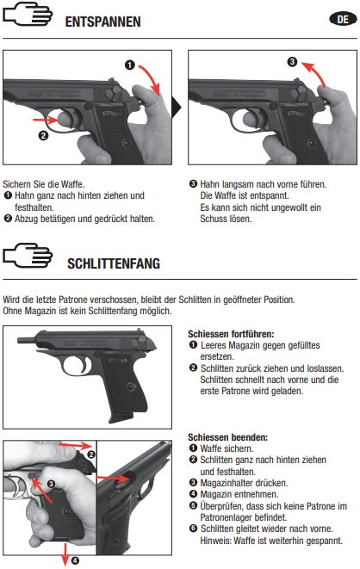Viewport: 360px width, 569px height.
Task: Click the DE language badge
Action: (x=343, y=20)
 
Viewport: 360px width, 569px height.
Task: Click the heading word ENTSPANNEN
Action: (x=102, y=22)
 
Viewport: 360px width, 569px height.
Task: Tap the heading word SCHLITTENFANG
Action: (x=114, y=263)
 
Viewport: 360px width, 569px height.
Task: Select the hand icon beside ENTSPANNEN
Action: (x=28, y=14)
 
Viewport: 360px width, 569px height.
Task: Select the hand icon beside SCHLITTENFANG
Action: (x=28, y=255)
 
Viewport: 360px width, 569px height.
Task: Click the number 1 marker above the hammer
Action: (x=129, y=65)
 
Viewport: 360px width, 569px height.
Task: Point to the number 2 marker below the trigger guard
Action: (x=43, y=136)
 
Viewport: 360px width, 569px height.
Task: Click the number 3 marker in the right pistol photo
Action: (x=292, y=62)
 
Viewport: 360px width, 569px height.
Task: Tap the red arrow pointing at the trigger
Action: (x=45, y=120)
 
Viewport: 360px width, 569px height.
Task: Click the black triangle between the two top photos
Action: (x=177, y=108)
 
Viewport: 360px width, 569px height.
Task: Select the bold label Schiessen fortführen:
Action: (x=231, y=333)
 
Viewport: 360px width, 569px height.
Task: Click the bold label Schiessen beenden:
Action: (x=227, y=437)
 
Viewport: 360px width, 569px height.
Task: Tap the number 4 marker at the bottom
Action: (x=75, y=561)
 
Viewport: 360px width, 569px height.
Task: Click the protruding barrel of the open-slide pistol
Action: (x=27, y=340)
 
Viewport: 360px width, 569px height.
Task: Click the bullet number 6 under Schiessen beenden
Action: (x=193, y=529)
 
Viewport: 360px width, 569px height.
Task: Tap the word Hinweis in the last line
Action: (x=215, y=541)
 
